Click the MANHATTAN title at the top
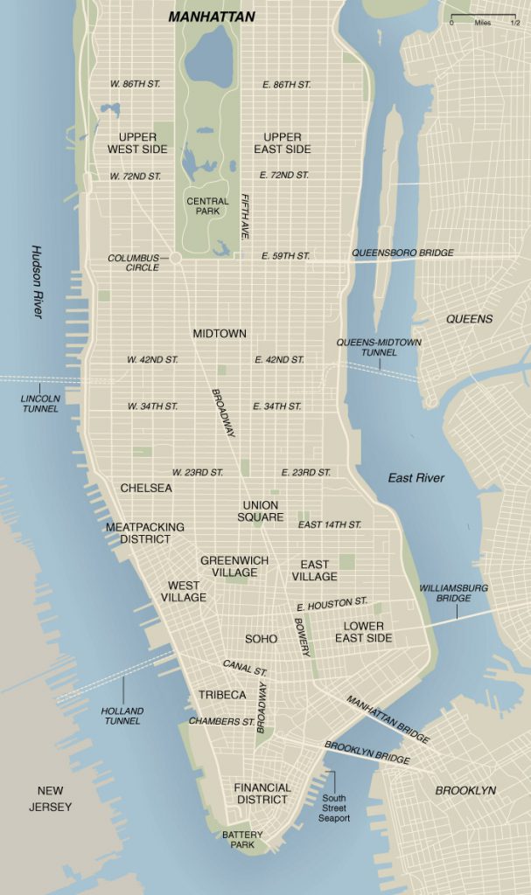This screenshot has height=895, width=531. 212,17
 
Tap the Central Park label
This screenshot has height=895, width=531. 208,207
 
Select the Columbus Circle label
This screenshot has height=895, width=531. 134,262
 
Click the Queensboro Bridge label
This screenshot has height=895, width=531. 402,253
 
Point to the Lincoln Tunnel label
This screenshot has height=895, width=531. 40,403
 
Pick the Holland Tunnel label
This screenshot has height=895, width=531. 122,716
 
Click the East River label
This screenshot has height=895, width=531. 416,478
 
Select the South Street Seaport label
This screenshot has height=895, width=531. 333,808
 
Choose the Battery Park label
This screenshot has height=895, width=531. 242,840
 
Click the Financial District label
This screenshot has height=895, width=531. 262,794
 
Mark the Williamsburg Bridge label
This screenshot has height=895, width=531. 454,593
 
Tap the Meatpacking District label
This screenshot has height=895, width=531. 145,533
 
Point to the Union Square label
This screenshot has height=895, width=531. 260,511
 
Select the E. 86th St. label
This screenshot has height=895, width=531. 286,85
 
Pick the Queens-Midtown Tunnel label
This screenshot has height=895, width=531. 379,347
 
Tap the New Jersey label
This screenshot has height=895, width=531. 50,799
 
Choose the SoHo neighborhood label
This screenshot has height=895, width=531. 261,639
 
